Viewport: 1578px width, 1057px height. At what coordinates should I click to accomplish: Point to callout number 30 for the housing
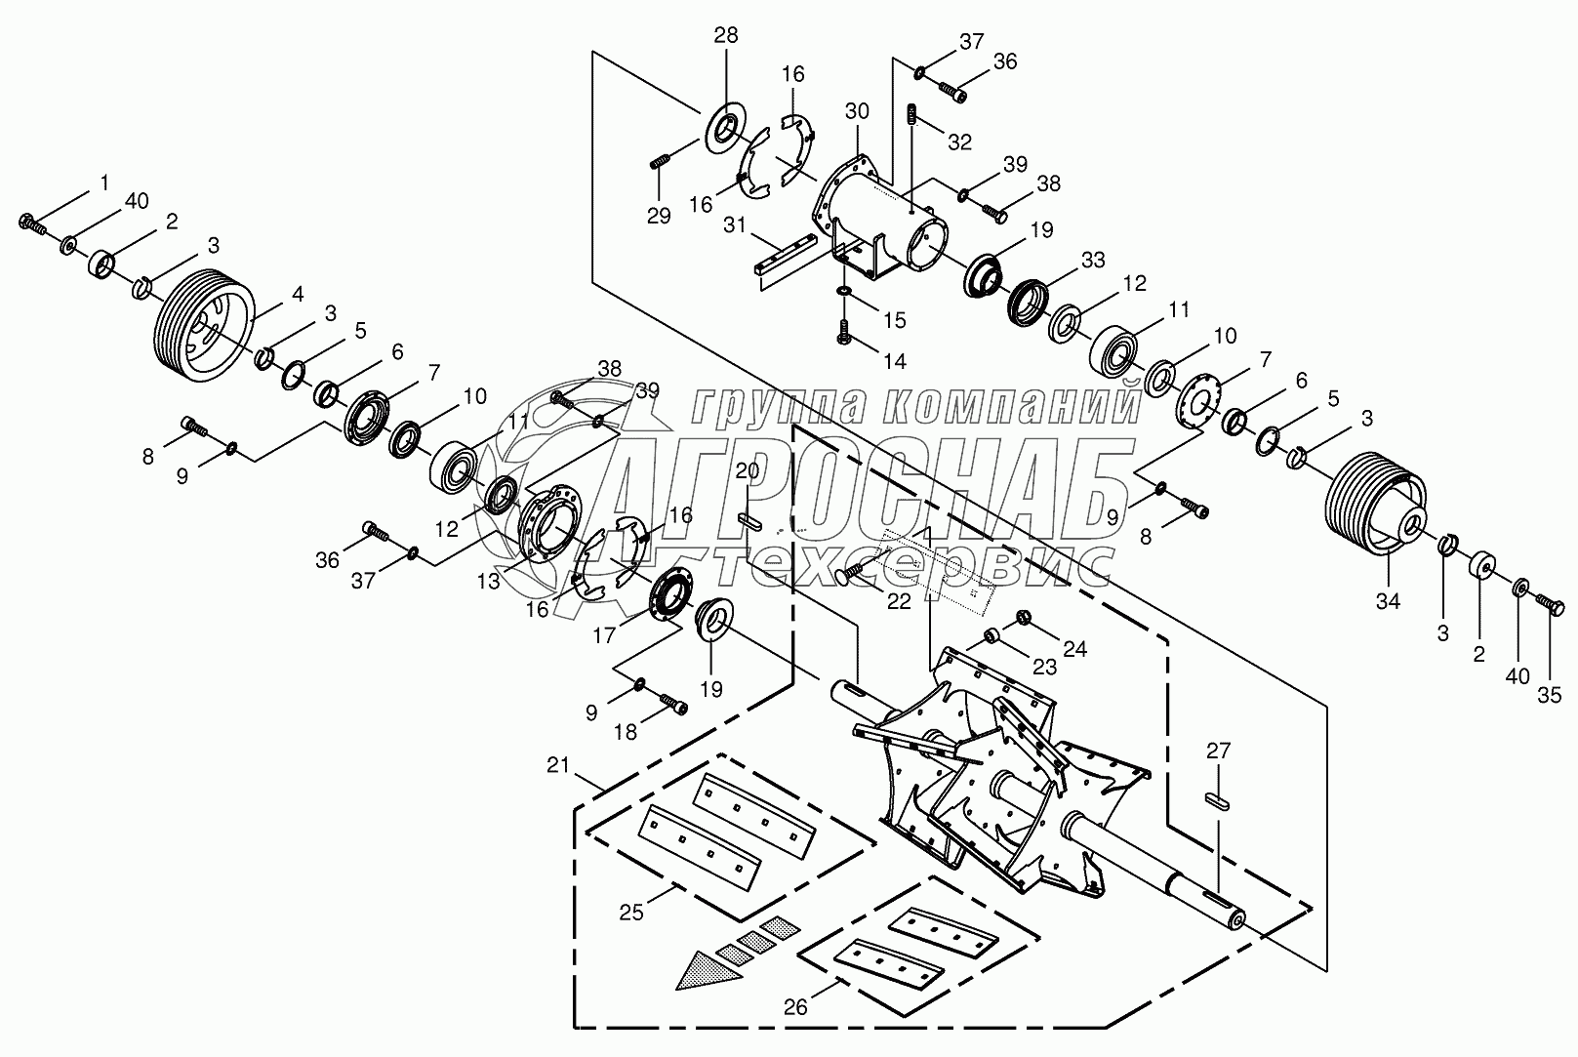(x=856, y=111)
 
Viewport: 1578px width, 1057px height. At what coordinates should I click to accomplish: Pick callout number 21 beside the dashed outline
(x=556, y=766)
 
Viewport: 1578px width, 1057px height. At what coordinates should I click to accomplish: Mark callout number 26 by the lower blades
(x=795, y=1006)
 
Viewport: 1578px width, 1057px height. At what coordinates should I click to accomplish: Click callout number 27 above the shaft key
(x=1219, y=751)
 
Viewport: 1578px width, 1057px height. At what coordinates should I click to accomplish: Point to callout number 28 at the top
(x=725, y=36)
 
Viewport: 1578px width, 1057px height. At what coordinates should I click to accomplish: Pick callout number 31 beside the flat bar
(x=733, y=225)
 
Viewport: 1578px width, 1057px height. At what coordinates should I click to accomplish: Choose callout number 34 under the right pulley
(x=1388, y=601)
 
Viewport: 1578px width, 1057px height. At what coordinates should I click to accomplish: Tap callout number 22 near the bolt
(x=899, y=601)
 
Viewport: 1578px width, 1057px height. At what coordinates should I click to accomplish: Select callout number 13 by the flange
(x=488, y=582)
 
